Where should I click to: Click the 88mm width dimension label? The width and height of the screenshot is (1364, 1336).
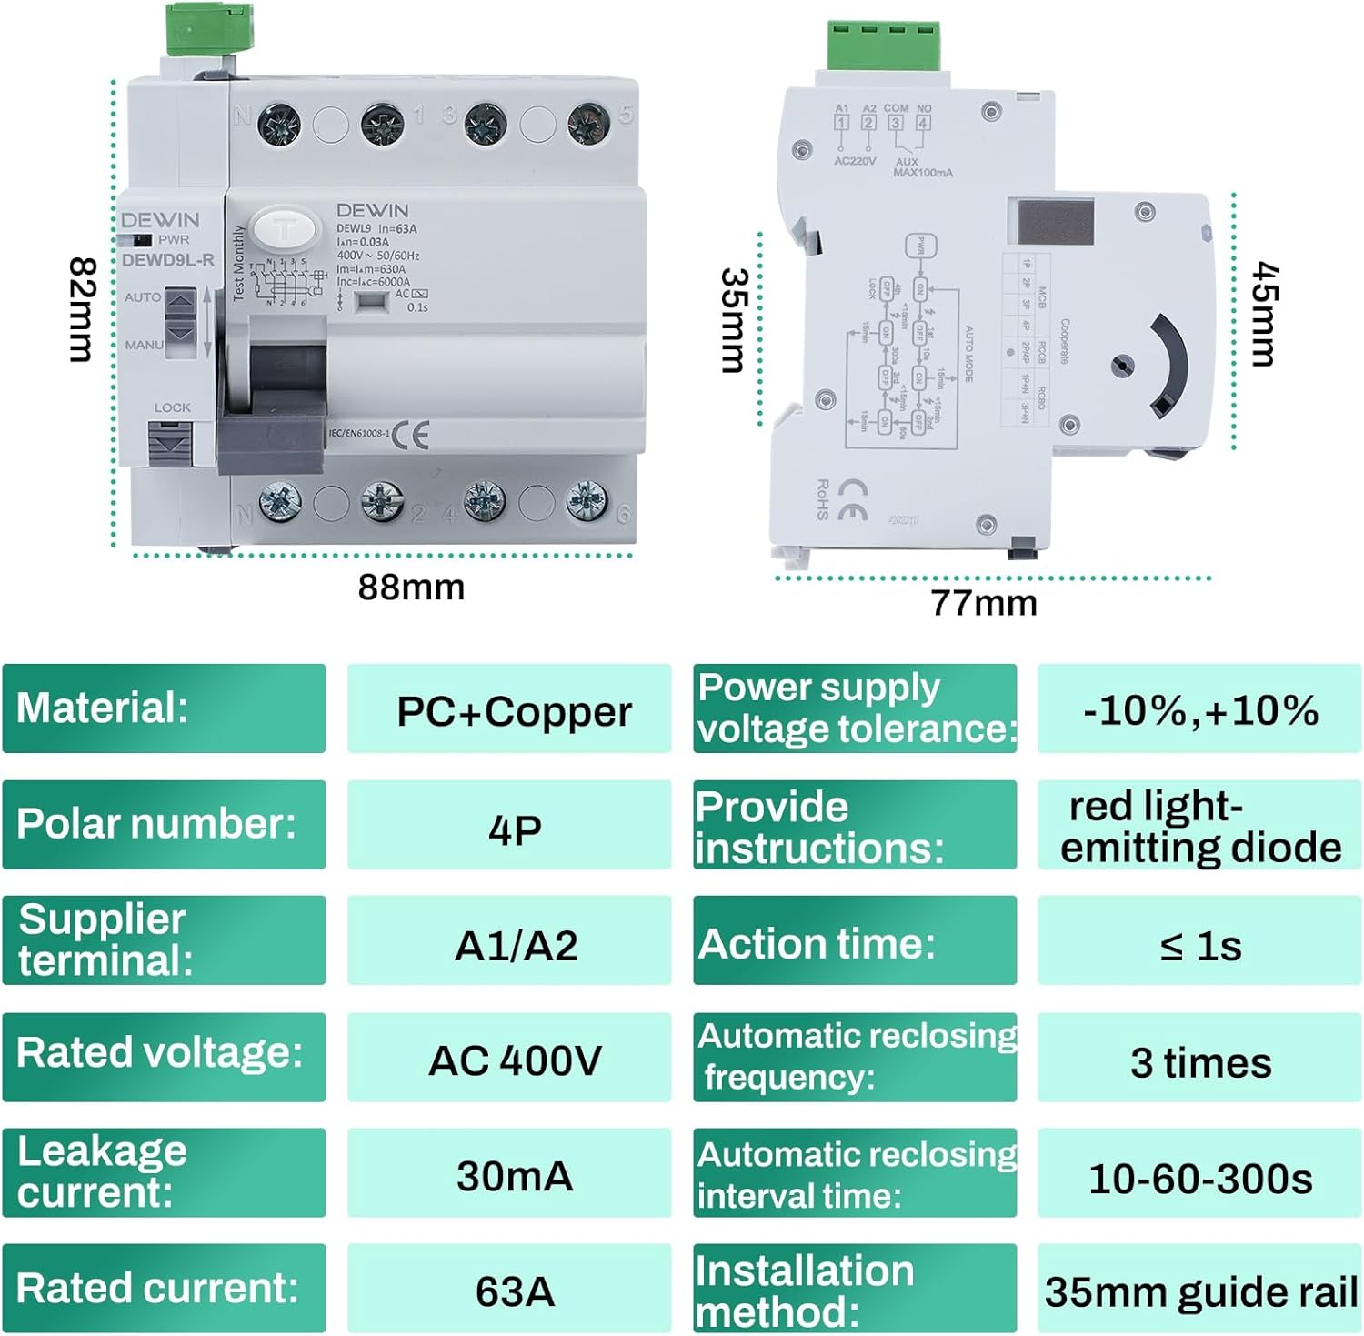coord(411,588)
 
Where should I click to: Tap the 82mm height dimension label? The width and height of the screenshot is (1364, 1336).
coord(83,310)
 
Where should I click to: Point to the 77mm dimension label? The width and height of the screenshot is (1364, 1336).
coord(983,603)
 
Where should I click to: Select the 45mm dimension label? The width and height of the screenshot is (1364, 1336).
coord(1265,314)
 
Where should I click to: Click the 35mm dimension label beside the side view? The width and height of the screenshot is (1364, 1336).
coord(733,320)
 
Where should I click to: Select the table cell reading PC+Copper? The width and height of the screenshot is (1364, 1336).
coord(513,710)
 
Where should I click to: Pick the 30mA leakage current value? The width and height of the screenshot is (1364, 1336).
coord(514,1175)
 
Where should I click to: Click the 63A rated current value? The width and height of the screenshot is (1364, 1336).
coord(514,1291)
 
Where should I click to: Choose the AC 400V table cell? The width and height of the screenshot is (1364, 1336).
coord(514,1060)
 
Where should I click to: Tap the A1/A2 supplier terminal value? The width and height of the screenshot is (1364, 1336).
coord(515,945)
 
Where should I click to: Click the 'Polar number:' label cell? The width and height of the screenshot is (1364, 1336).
coord(164,824)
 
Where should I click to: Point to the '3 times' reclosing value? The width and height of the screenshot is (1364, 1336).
coord(1200,1061)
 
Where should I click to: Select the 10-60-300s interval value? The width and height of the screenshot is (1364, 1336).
coord(1200,1179)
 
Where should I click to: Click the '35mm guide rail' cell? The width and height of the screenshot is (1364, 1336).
coord(1200,1291)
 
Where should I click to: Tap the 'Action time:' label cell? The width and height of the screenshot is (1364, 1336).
coord(854,942)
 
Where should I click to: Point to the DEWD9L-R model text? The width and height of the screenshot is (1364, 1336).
coord(167,260)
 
